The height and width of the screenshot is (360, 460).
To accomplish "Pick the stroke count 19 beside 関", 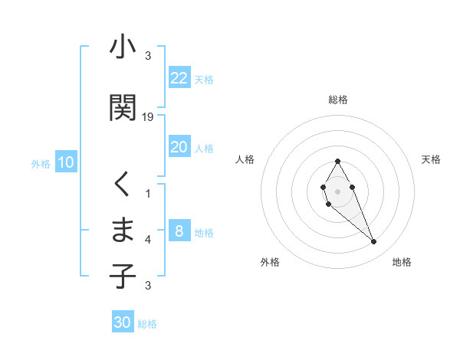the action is [148, 117].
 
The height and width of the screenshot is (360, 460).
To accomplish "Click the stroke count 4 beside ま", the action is [148, 240].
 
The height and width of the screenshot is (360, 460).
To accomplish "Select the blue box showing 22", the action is [179, 77].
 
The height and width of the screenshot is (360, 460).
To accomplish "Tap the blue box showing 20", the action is [179, 147].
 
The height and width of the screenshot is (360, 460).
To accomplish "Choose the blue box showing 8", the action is [179, 231].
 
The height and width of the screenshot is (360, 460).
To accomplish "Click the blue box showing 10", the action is [65, 162].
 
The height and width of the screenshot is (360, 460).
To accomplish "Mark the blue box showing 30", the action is [122, 322].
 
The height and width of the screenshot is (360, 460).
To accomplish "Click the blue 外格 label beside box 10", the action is [40, 163].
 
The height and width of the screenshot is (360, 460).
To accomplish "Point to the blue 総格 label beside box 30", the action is [147, 324].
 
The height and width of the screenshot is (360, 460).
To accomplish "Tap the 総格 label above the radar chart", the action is [337, 100].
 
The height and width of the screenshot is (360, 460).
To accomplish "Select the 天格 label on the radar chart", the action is [431, 159].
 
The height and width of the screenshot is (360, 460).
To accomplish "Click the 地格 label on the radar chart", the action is [402, 262].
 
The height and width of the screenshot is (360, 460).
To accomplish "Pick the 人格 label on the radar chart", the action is [245, 159].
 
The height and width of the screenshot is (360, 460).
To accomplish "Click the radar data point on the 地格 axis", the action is [373, 242].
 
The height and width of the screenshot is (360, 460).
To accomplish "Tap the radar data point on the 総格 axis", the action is [337, 162].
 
